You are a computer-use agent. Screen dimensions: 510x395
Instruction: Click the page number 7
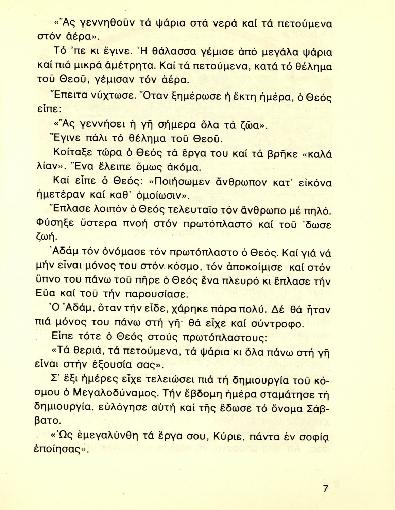tap(326, 489)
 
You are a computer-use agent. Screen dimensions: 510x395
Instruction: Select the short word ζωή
tap(55, 237)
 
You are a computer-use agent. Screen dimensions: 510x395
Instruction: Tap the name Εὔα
tap(56, 293)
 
